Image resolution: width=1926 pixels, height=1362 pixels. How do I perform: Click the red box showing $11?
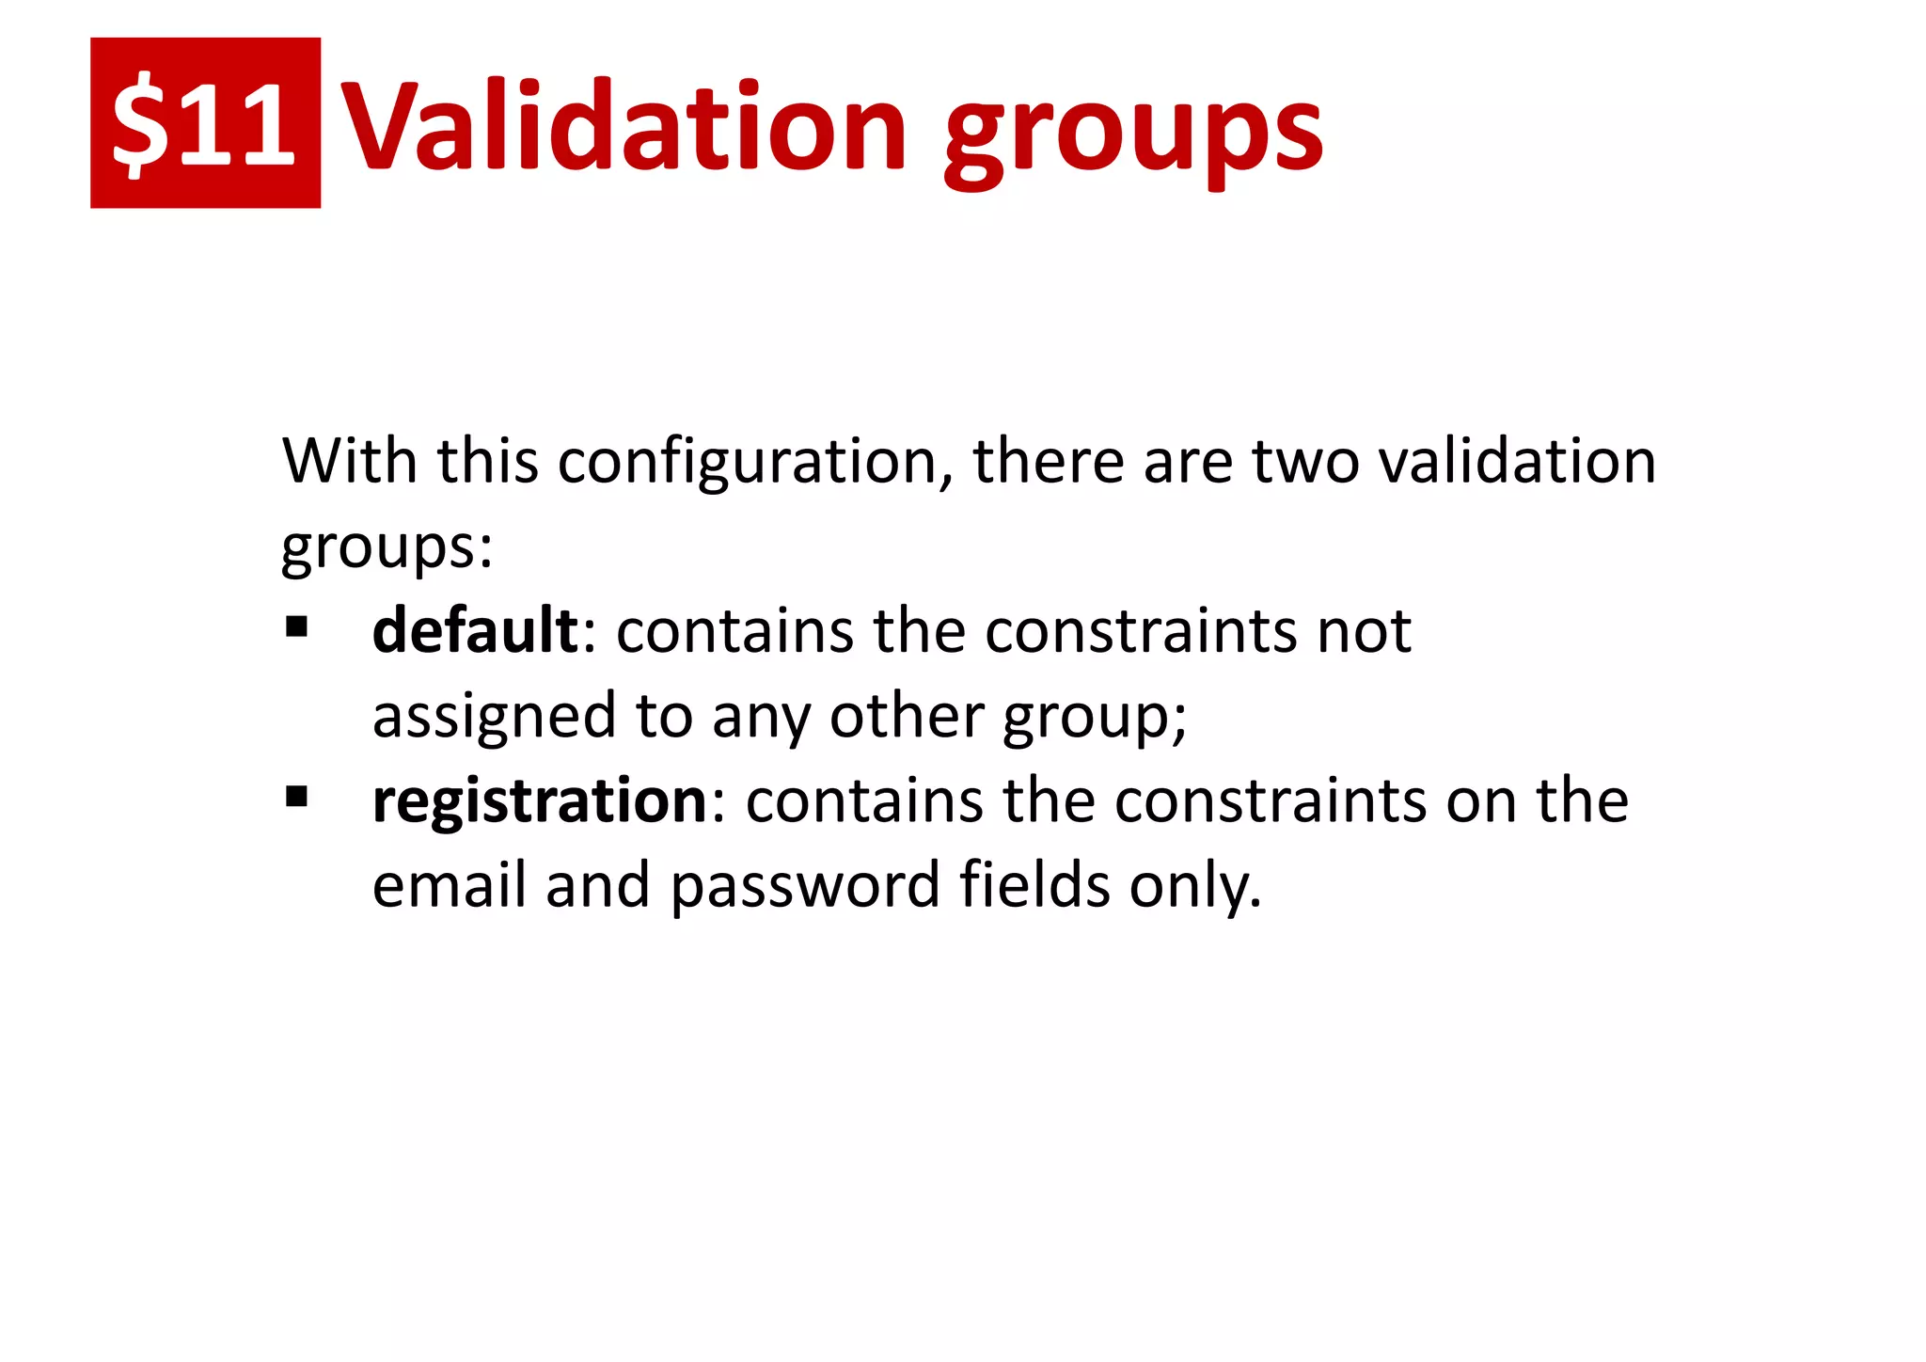click(205, 123)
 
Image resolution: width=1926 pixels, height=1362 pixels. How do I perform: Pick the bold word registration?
click(540, 801)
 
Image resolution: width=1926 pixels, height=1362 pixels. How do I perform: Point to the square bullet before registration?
click(297, 798)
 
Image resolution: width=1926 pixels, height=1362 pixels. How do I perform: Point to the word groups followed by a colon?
click(386, 547)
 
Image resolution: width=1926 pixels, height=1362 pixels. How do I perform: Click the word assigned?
click(495, 718)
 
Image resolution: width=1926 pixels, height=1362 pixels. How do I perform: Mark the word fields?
click(1034, 886)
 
